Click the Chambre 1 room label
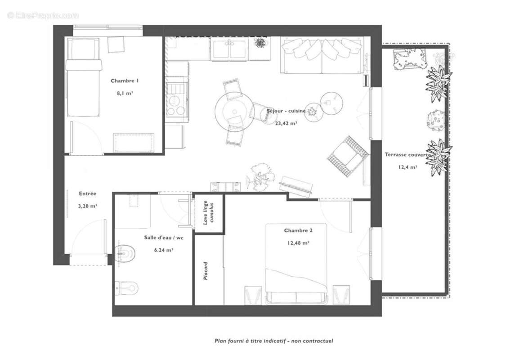click(125, 81)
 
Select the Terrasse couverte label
click(407, 155)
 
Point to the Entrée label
click(87, 193)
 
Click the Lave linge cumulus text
click(208, 213)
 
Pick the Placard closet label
click(206, 271)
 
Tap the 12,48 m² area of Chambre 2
click(298, 243)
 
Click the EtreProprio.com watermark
click(43, 15)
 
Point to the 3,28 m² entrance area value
click(87, 206)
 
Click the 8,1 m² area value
click(125, 94)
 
